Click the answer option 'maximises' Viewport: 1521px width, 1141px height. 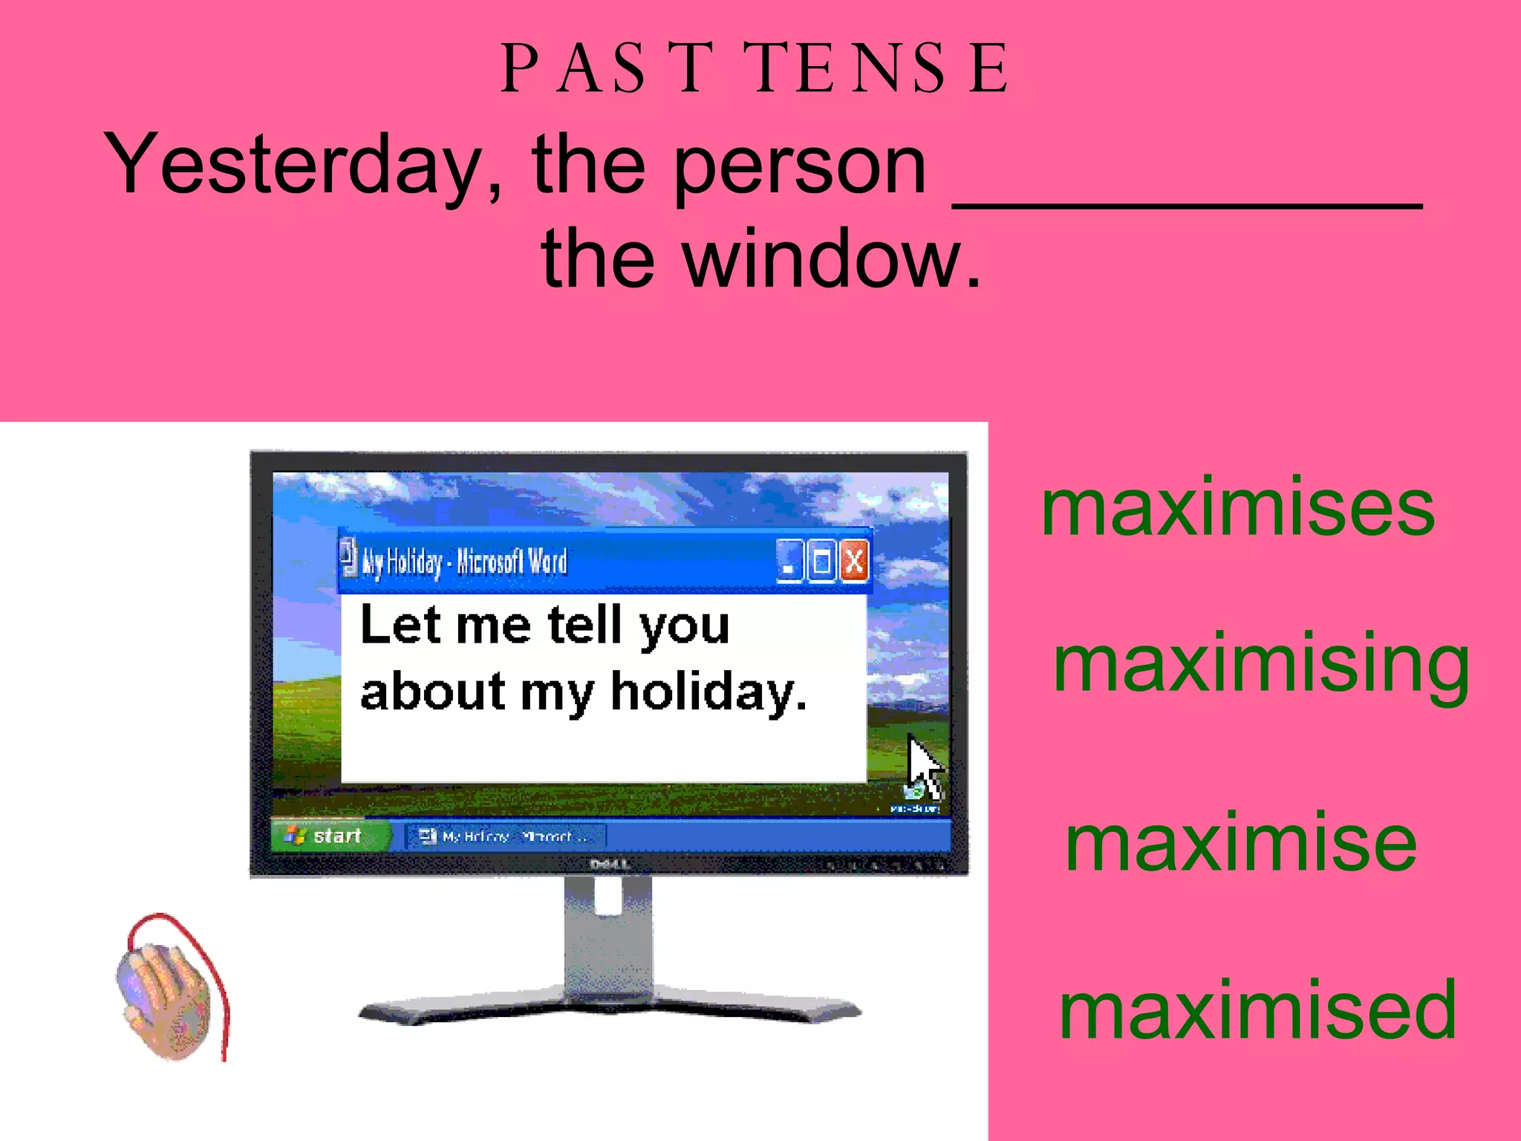[1237, 509]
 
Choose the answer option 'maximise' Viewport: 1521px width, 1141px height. [1240, 843]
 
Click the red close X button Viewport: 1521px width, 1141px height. [854, 561]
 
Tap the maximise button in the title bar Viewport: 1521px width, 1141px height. [821, 561]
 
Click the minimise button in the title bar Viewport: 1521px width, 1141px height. [789, 562]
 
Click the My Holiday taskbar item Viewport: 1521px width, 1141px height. [506, 836]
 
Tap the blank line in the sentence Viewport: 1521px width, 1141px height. [1187, 201]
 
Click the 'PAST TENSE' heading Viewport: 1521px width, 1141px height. [755, 68]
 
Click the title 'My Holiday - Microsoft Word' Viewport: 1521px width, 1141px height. [464, 562]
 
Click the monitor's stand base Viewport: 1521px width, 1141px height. [609, 1010]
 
